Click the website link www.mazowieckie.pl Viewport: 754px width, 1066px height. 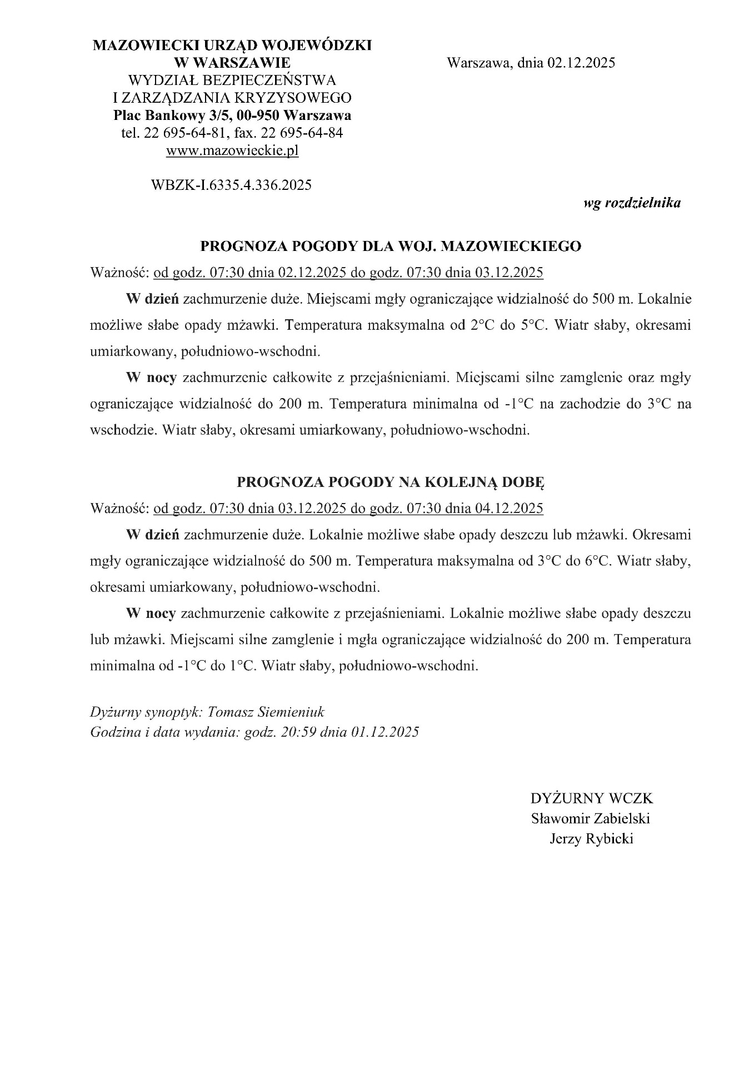(232, 151)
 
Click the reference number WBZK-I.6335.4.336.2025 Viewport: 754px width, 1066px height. (231, 185)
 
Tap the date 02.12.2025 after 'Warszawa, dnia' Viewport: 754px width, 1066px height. (581, 63)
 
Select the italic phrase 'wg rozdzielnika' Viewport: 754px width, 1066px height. (632, 203)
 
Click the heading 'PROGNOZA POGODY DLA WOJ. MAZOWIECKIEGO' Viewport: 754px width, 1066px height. (391, 247)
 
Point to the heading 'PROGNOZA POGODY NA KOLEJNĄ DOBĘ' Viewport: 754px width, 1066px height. (391, 481)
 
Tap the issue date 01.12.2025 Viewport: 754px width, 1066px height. (385, 732)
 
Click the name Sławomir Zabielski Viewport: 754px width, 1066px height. (591, 818)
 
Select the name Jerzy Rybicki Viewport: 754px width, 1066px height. (591, 838)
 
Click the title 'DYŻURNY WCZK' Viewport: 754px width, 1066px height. (592, 798)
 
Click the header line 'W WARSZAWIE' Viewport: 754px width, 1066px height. (232, 62)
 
